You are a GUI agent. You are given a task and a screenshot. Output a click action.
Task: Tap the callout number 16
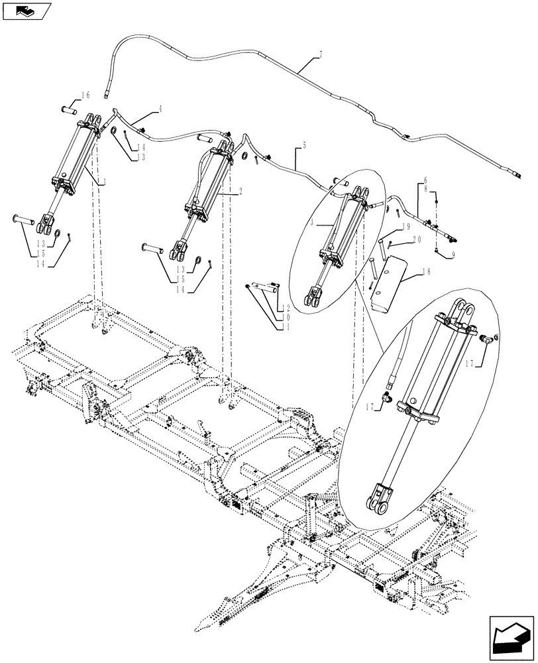click(x=85, y=95)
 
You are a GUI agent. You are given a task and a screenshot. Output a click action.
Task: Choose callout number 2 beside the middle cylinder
click(x=240, y=191)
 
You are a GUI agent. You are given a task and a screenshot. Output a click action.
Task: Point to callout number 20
click(x=415, y=240)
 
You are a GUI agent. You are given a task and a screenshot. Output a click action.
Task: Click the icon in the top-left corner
click(x=27, y=10)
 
